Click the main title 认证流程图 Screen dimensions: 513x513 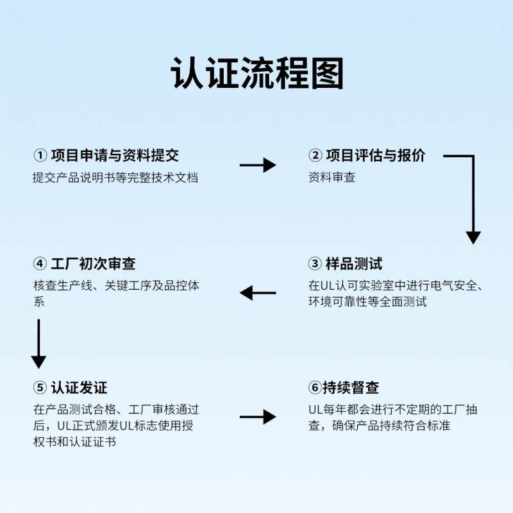click(257, 73)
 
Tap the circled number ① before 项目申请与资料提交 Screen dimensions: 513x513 click(40, 156)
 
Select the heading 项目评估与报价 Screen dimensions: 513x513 click(375, 156)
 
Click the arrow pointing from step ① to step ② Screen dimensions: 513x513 click(257, 165)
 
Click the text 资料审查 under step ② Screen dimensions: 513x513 click(332, 178)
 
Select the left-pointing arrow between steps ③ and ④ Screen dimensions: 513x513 click(257, 294)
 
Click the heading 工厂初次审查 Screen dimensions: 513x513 click(92, 264)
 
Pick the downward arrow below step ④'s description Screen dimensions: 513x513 click(39, 343)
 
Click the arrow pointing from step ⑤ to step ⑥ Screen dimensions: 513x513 click(257, 417)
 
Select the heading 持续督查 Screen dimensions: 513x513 click(351, 388)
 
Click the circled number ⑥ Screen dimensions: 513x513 click(314, 388)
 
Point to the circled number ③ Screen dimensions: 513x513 click(315, 264)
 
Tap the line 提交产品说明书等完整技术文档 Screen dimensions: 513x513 click(115, 178)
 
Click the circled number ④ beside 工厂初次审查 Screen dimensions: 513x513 click(40, 264)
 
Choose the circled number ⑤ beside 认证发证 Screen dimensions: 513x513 click(40, 388)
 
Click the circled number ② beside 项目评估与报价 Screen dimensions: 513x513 click(315, 156)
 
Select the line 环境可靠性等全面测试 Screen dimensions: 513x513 click(367, 301)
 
